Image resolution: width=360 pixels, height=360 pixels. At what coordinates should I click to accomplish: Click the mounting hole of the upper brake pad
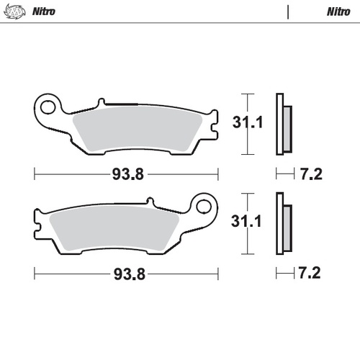[50, 109]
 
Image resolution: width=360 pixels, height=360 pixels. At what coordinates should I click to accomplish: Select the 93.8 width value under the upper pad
[126, 174]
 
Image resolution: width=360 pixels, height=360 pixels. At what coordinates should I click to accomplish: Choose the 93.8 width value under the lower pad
[126, 273]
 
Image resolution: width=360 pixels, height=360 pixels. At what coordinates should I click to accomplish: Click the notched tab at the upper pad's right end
[210, 127]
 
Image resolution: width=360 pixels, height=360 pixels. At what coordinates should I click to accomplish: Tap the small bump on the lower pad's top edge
[149, 202]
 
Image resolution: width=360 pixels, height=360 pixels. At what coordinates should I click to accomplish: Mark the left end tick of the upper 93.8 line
[35, 174]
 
